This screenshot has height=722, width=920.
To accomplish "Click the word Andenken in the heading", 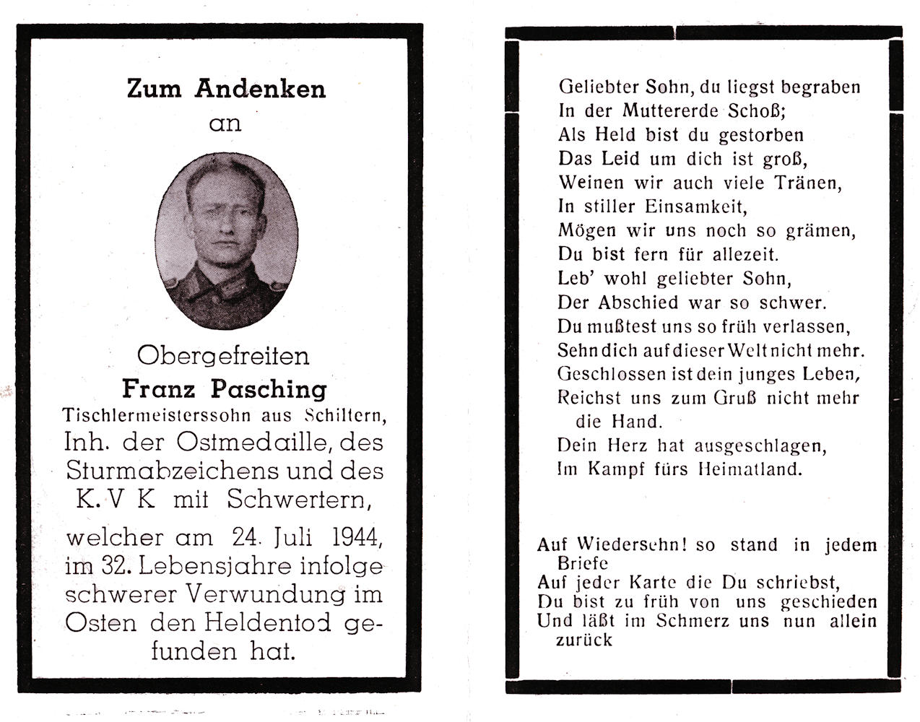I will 260,89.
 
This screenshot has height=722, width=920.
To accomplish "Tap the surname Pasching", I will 268,389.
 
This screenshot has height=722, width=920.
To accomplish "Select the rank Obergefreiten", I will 223,355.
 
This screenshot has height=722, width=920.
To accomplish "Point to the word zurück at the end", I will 583,640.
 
